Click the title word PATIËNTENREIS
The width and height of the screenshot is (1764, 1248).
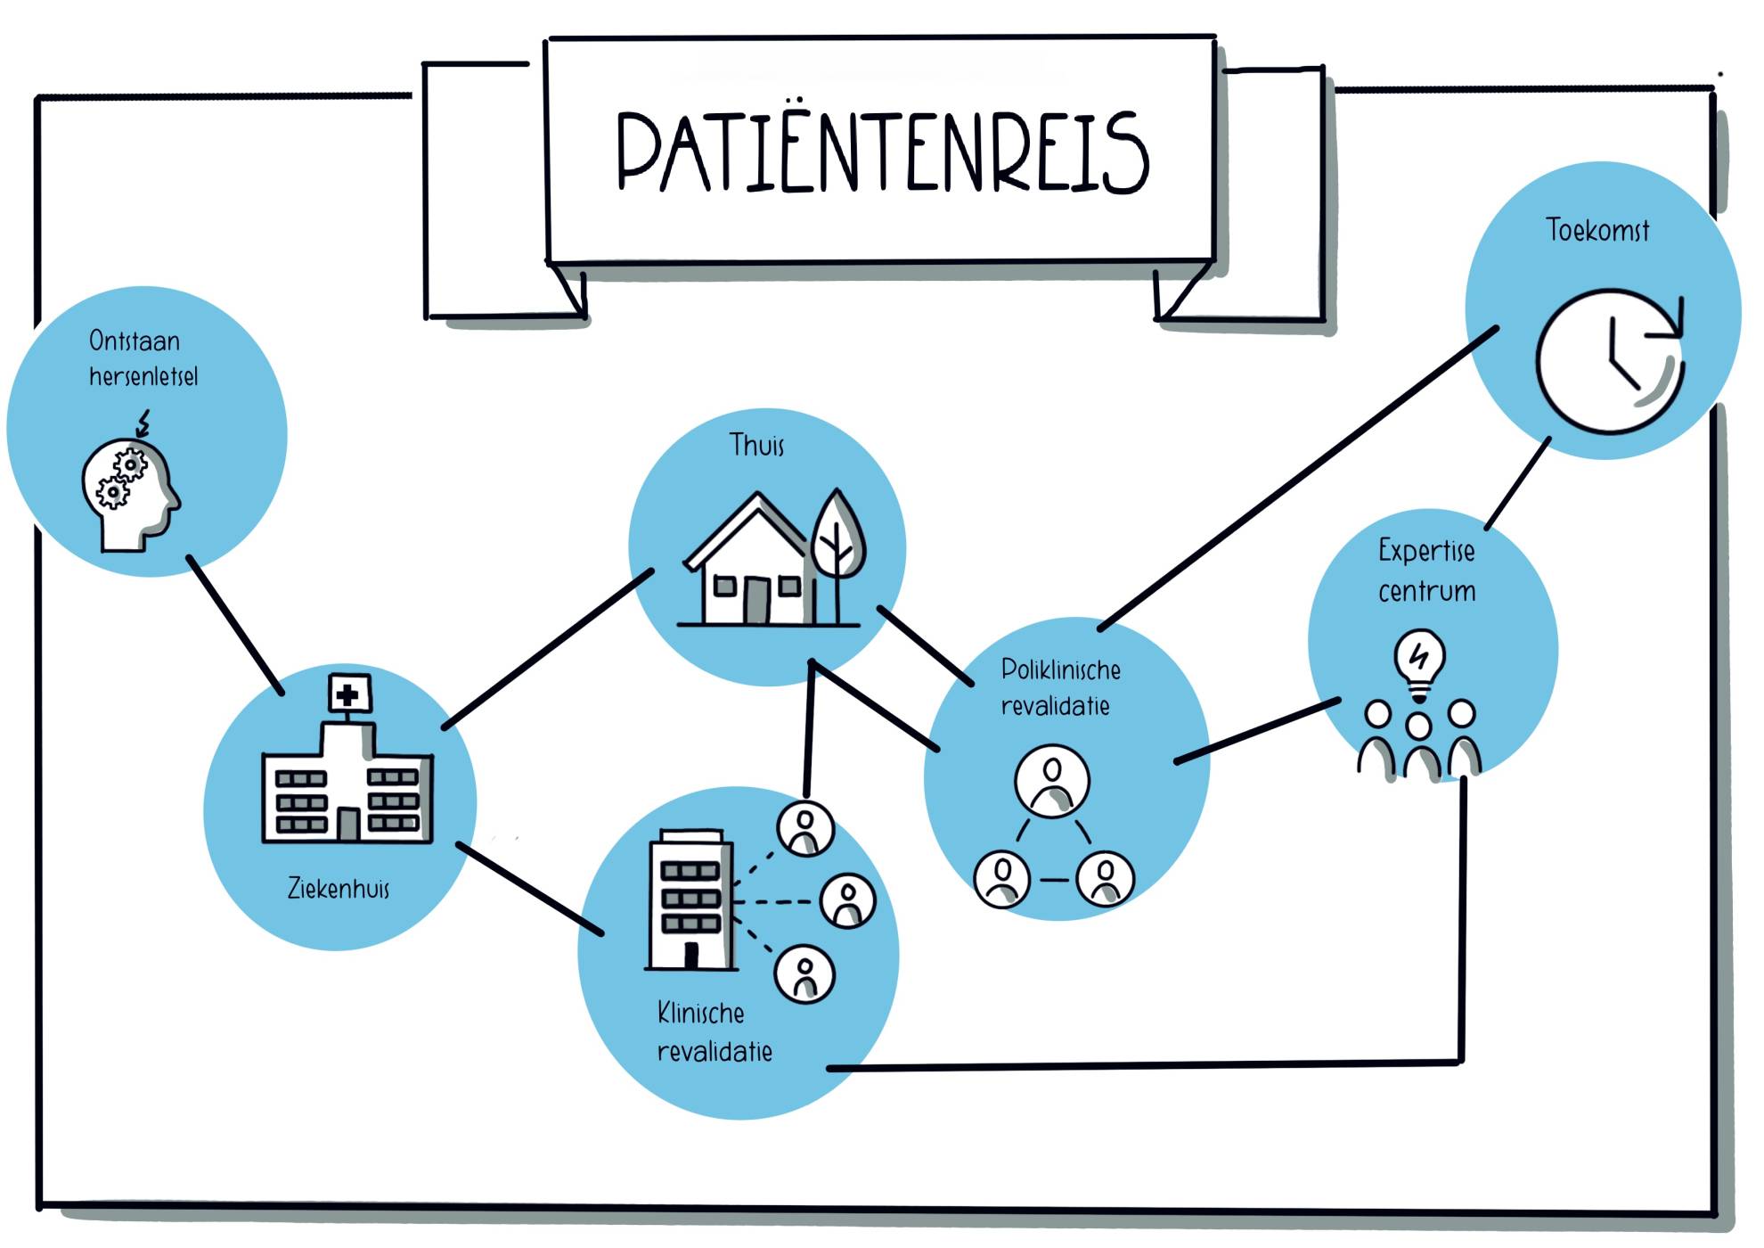click(x=882, y=152)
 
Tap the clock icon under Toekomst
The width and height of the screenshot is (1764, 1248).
click(x=1609, y=361)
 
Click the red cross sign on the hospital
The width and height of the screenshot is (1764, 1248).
click(x=348, y=694)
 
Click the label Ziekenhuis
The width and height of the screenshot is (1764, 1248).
click(x=339, y=889)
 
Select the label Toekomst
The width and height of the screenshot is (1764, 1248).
click(x=1597, y=231)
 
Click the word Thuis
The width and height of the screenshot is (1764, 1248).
click(x=756, y=445)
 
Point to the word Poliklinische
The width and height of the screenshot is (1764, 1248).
click(x=1060, y=670)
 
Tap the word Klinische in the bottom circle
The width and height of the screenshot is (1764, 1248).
click(x=700, y=1014)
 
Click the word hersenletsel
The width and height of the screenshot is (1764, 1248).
click(x=143, y=377)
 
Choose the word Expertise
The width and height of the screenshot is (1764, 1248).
click(x=1425, y=551)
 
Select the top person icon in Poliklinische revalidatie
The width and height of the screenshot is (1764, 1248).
click(x=1052, y=780)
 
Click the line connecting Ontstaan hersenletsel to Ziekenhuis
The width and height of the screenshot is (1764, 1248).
click(x=235, y=625)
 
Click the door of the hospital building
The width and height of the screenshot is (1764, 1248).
click(x=348, y=825)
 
